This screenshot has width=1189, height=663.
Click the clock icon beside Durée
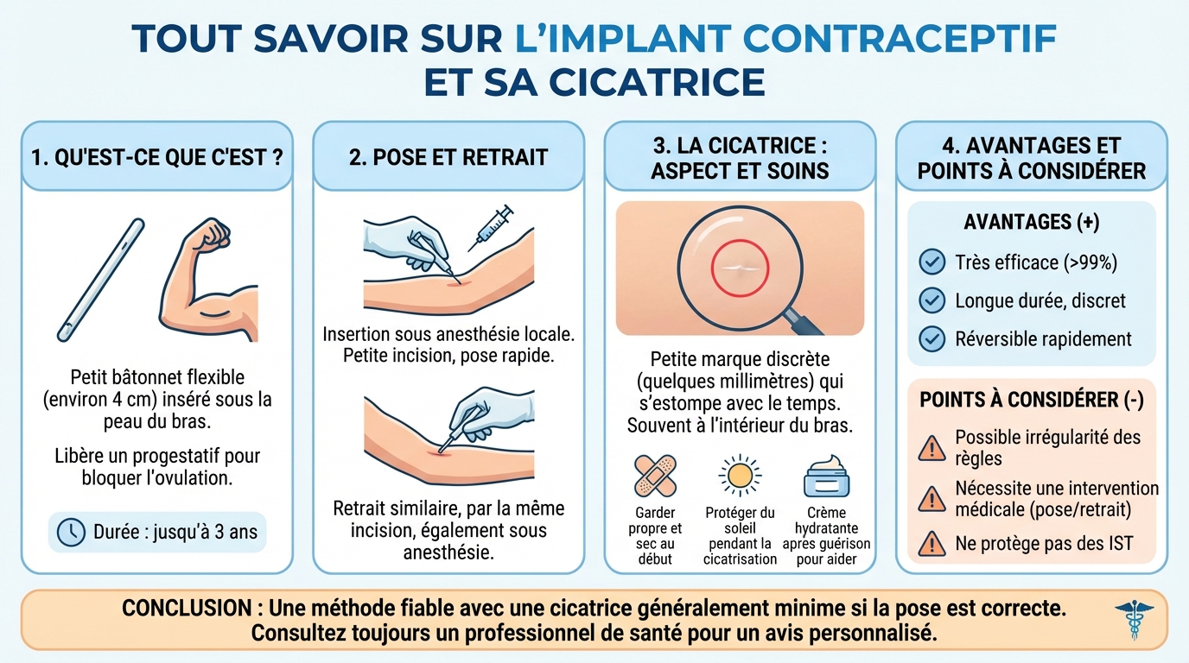[70, 532]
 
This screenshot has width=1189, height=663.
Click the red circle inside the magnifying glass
[739, 269]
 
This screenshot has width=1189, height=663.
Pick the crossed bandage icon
[654, 477]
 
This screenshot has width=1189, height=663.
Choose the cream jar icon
[825, 477]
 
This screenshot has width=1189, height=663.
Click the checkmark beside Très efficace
[931, 262]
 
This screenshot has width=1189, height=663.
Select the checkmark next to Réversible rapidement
[931, 338]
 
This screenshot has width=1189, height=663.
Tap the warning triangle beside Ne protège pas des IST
[931, 542]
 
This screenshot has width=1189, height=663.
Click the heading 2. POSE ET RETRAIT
[448, 157]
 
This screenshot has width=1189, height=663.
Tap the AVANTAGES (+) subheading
[1031, 222]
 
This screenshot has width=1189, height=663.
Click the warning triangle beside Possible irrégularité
[931, 447]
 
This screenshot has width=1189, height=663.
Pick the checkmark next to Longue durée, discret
[931, 300]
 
